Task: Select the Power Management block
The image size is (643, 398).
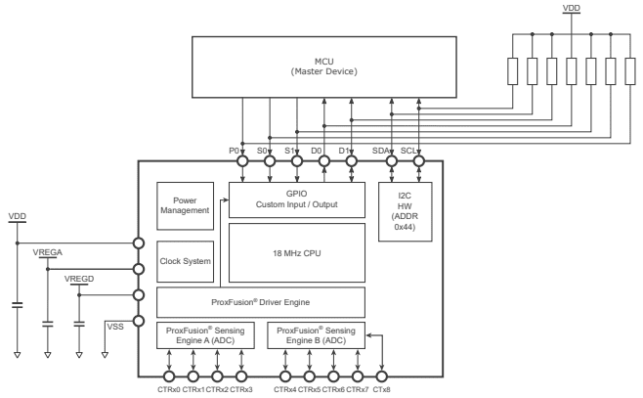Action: coord(184,203)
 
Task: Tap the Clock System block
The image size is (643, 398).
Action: coord(184,261)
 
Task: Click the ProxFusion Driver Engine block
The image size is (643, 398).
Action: coord(261,302)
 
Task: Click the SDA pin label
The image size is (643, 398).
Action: coord(382,151)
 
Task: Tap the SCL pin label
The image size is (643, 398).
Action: coord(409,151)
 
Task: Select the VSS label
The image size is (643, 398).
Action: coord(115,328)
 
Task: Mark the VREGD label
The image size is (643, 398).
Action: coord(78,279)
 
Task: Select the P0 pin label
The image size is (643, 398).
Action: coord(234,151)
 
